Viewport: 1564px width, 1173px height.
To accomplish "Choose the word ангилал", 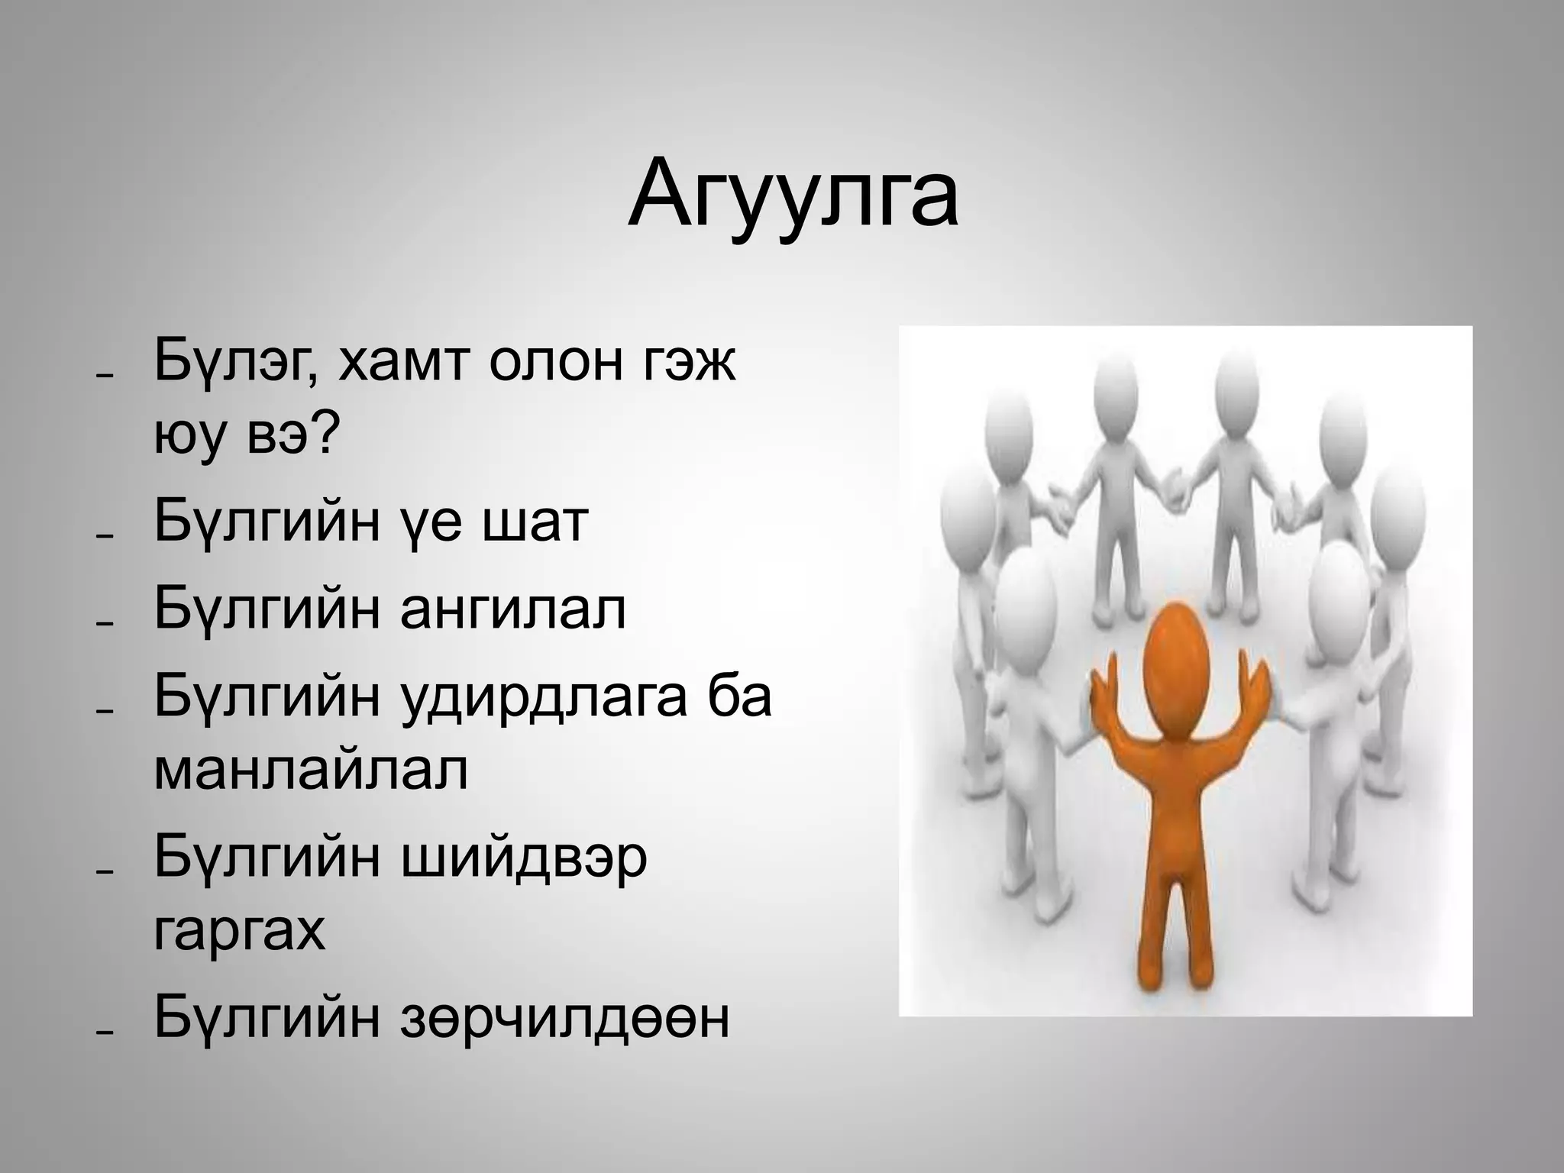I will [512, 609].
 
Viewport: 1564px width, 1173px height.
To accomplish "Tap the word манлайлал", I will [311, 771].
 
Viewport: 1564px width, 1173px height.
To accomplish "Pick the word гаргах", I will [240, 932].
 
